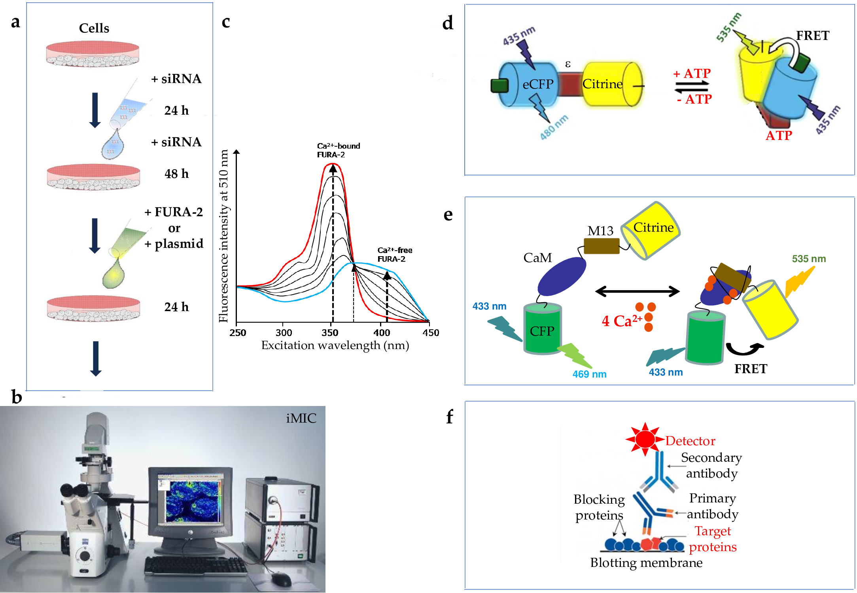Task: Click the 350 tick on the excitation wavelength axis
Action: tap(330, 332)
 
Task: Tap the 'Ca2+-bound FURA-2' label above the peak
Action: tap(338, 150)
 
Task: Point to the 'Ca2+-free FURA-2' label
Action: tap(394, 255)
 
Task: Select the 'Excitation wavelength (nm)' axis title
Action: tap(335, 346)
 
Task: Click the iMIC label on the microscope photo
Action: tap(301, 418)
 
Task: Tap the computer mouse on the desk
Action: tap(281, 579)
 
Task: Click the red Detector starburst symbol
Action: tap(645, 439)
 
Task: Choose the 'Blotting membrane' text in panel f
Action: tap(646, 563)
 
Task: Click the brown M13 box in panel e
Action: tap(602, 246)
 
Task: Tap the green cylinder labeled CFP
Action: tap(542, 329)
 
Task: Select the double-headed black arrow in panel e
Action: tap(637, 292)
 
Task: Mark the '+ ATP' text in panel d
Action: tap(692, 74)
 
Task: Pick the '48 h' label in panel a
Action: tap(176, 174)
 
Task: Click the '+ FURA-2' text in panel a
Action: tap(174, 212)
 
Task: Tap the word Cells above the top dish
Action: tap(94, 28)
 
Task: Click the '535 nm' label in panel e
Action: tap(808, 259)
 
